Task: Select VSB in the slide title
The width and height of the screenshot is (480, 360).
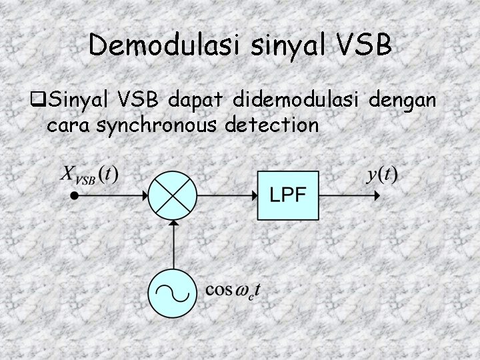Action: [365, 45]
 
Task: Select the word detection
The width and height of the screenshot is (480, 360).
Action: [273, 124]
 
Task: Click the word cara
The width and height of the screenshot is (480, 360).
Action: [69, 125]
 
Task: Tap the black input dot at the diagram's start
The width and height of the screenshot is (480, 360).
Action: [75, 196]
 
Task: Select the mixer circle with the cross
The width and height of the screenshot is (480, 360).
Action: [173, 196]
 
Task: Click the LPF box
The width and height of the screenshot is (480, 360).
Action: [288, 195]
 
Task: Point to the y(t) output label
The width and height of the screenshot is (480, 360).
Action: [382, 175]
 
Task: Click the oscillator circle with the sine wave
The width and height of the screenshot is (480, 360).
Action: [173, 291]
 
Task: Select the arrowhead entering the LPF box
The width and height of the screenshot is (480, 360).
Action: [253, 196]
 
